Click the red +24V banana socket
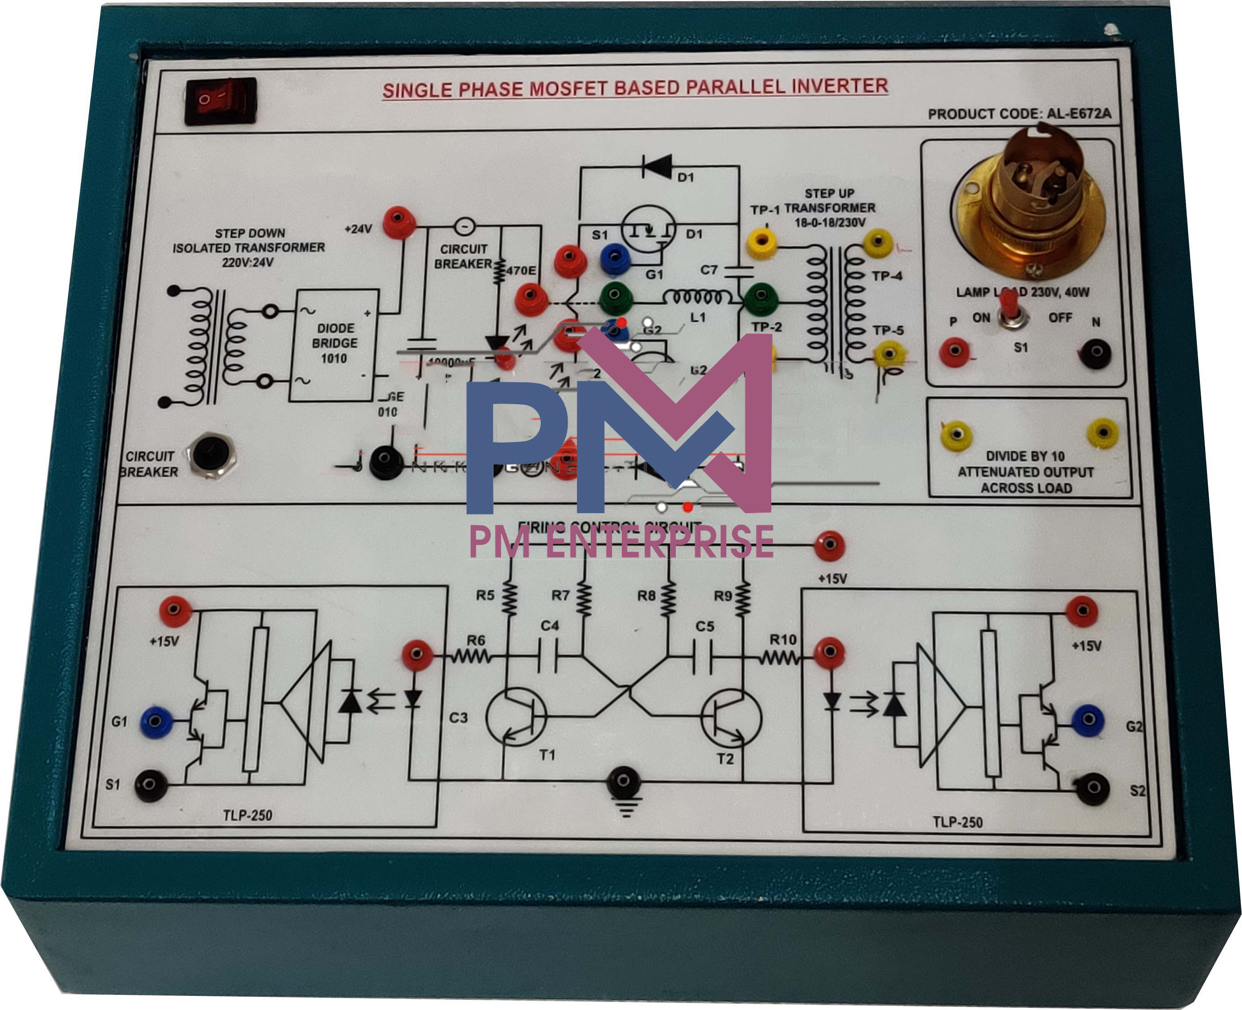click(x=398, y=221)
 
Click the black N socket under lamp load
click(x=1095, y=353)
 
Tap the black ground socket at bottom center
click(x=623, y=781)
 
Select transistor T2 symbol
click(x=731, y=719)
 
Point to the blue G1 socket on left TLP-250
click(x=156, y=722)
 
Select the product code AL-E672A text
click(x=1019, y=113)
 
